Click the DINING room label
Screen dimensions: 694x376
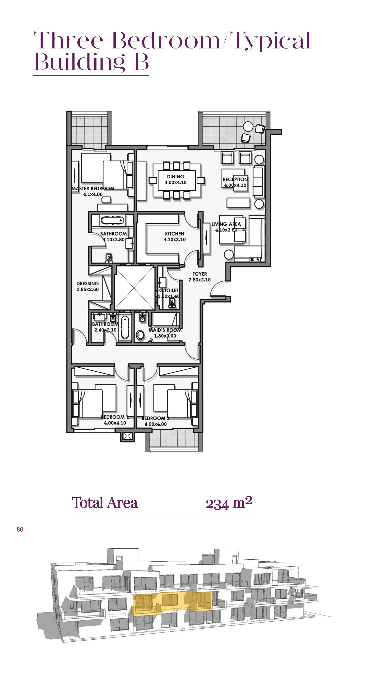pyautogui.click(x=175, y=177)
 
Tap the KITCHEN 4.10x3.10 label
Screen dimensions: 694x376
pyautogui.click(x=174, y=237)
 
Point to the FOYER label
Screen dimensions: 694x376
pyautogui.click(x=200, y=274)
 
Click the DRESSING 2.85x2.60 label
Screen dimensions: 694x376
pyautogui.click(x=87, y=286)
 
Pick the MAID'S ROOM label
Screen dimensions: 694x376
pyautogui.click(x=165, y=330)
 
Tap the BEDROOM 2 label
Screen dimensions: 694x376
pyautogui.click(x=156, y=418)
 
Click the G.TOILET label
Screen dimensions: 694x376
pyautogui.click(x=169, y=290)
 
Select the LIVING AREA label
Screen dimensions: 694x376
pyautogui.click(x=226, y=224)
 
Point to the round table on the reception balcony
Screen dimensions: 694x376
pyautogui.click(x=248, y=126)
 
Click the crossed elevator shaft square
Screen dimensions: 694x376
pyautogui.click(x=134, y=287)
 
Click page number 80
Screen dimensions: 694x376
pyautogui.click(x=20, y=529)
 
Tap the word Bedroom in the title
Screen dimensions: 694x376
pyautogui.click(x=166, y=40)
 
